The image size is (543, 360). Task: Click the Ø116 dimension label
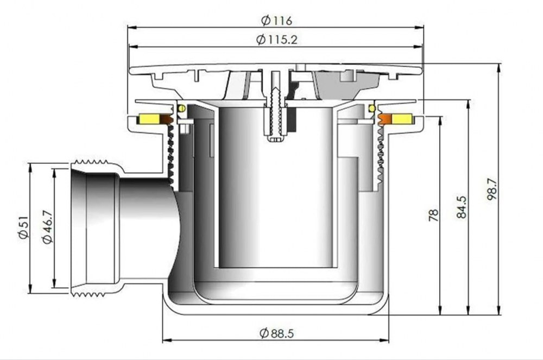(x=276, y=21)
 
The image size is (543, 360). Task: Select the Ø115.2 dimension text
(x=277, y=40)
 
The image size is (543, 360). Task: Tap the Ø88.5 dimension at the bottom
(x=276, y=333)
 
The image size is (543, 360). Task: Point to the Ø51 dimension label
(x=24, y=227)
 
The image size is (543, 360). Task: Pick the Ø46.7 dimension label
(x=48, y=227)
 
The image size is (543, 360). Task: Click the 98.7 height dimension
(x=492, y=189)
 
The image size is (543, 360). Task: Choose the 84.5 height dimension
(x=462, y=207)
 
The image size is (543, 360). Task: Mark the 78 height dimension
(x=433, y=215)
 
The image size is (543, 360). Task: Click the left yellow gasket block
(x=149, y=119)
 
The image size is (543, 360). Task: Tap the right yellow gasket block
(x=402, y=119)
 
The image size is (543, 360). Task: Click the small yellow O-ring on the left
(x=182, y=109)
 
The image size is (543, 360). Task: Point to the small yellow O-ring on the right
(x=372, y=109)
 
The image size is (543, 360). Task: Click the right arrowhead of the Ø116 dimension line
(x=419, y=28)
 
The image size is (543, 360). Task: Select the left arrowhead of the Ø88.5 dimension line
(x=167, y=340)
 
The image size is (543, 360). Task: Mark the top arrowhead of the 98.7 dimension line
(x=498, y=68)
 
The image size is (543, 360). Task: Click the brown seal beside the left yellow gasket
(x=166, y=119)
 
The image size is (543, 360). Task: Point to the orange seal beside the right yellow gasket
(x=385, y=119)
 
